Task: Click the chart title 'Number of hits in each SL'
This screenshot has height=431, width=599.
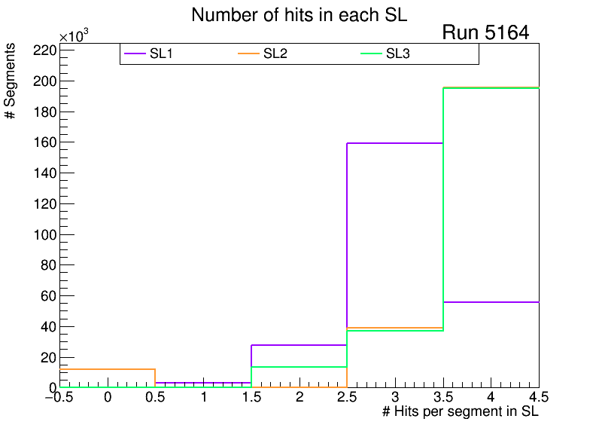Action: pyautogui.click(x=299, y=15)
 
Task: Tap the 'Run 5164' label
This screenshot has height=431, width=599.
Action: pyautogui.click(x=485, y=32)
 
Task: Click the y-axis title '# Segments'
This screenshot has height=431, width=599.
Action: pyautogui.click(x=11, y=81)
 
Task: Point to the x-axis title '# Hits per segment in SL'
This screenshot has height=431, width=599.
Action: pyautogui.click(x=461, y=411)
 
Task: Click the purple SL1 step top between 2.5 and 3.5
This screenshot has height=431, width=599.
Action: pyautogui.click(x=394, y=143)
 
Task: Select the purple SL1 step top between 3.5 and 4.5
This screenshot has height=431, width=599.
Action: pyautogui.click(x=491, y=302)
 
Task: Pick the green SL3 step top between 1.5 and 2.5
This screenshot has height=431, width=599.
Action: pyautogui.click(x=299, y=367)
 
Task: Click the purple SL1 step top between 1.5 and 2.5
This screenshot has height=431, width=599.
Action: pyautogui.click(x=299, y=345)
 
